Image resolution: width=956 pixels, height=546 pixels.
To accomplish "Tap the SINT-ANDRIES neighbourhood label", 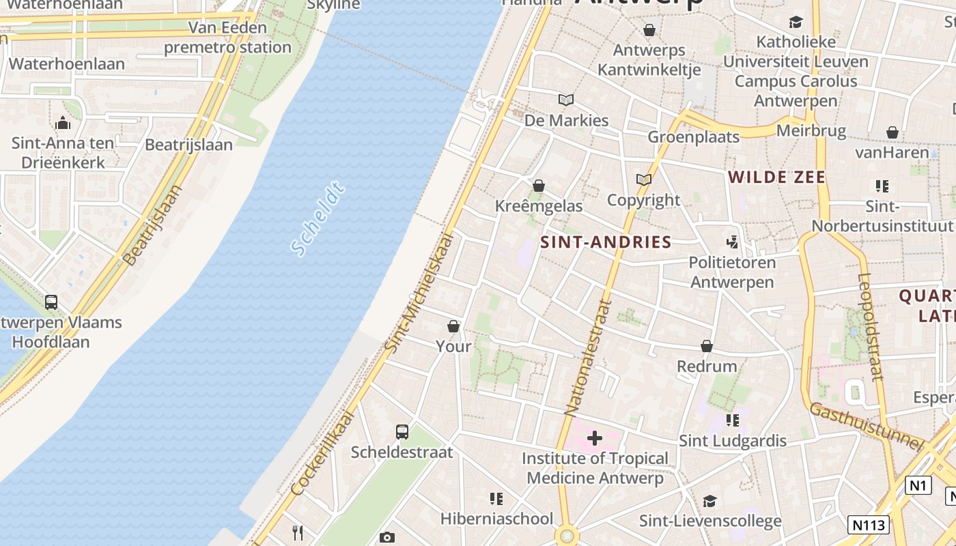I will click(x=606, y=242).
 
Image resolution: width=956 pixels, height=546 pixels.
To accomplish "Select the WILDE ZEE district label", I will click(x=776, y=177).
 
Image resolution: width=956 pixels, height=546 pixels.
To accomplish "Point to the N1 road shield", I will click(x=918, y=485).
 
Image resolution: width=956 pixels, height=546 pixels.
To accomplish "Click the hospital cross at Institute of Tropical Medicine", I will click(x=595, y=437).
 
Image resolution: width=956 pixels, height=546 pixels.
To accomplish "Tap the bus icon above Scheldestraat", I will click(x=402, y=431).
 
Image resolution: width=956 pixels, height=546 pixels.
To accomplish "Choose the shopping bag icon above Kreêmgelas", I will click(x=539, y=186).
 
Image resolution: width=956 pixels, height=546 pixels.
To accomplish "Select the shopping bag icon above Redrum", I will click(x=707, y=346).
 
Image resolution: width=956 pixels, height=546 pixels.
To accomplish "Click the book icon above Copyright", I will click(x=644, y=180).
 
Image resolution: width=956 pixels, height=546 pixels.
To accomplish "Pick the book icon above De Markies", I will click(x=566, y=100).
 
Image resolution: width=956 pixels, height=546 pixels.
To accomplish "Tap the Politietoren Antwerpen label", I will click(x=732, y=272).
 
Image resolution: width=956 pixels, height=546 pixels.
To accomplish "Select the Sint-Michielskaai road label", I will click(x=419, y=293).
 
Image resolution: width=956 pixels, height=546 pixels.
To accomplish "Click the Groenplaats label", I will click(x=693, y=136).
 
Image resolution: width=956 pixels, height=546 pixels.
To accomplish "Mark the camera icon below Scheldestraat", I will click(x=386, y=538).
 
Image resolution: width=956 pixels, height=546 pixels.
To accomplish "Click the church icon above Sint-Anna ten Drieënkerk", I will click(x=63, y=123).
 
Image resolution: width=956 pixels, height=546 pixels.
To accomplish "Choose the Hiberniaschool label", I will click(x=496, y=519).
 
